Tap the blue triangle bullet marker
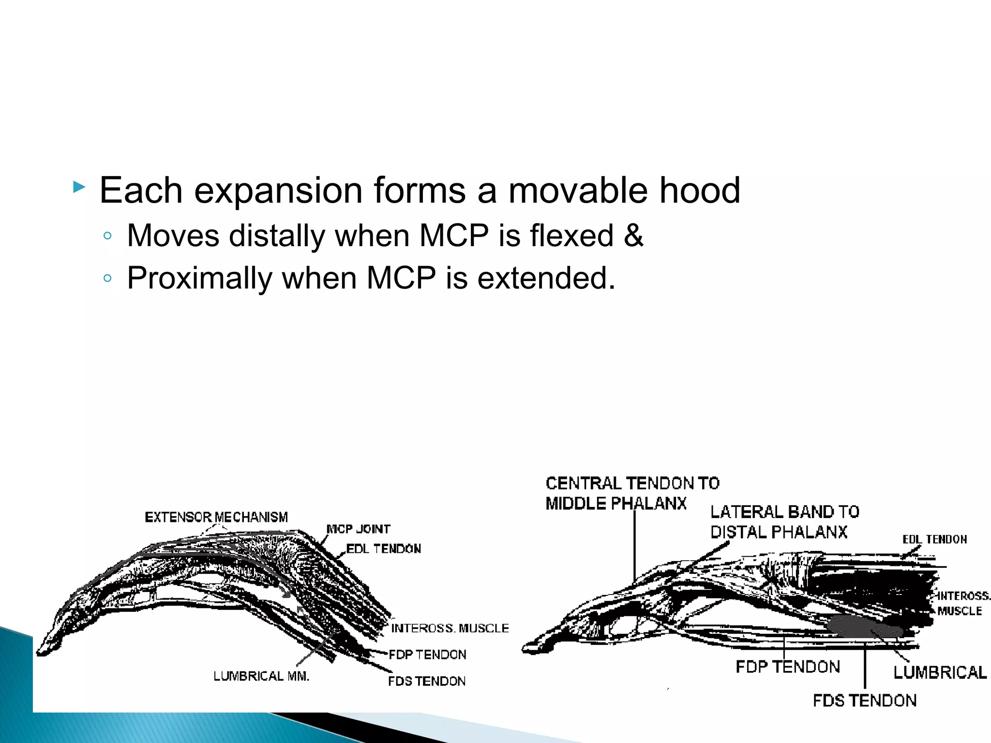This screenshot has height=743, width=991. tap(79, 187)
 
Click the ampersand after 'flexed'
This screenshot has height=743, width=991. tap(633, 236)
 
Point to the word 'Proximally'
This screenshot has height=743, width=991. tap(200, 278)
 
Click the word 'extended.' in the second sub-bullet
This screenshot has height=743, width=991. tap(546, 278)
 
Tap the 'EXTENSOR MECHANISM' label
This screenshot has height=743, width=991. tap(216, 517)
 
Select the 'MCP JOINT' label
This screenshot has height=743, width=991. tap(359, 529)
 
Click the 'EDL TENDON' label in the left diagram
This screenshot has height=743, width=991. tap(384, 549)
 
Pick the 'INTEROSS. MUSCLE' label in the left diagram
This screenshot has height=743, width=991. tap(450, 628)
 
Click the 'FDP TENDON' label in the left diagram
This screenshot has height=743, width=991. tap(428, 654)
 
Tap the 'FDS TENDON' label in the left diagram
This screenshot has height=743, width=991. tap(427, 681)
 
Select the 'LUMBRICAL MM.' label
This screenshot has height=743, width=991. tap(261, 676)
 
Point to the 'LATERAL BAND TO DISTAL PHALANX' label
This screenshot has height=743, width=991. tap(784, 521)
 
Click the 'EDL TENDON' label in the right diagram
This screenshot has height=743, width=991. tap(934, 539)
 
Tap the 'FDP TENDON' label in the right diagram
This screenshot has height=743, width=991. tap(788, 667)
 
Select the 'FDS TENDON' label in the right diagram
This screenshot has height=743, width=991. tap(865, 700)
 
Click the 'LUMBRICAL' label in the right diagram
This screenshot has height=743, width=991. tap(940, 672)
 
